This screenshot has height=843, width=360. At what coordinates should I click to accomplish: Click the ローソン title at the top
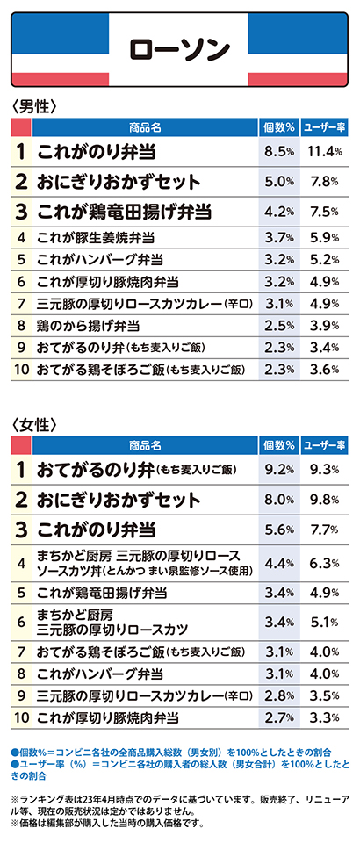[179, 49]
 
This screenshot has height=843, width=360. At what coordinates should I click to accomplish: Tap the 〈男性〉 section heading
[34, 105]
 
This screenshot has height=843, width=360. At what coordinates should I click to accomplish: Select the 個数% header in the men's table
[279, 127]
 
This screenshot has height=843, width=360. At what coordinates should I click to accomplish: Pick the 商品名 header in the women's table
[145, 446]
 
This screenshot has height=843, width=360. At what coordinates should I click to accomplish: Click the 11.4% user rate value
[325, 152]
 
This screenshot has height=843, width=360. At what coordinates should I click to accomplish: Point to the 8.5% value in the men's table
[279, 152]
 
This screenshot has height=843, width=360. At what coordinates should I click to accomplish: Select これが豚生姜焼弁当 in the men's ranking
[97, 236]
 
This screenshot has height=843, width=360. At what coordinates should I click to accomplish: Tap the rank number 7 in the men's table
[21, 303]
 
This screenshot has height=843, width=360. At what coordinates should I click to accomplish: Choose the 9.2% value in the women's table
[279, 470]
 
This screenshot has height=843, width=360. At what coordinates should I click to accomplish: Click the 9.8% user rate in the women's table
[325, 500]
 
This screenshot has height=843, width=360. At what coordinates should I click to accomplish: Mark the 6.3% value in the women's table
[325, 563]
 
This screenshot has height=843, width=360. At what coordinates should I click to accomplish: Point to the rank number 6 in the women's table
[21, 622]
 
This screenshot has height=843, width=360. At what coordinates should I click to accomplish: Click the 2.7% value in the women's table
[279, 717]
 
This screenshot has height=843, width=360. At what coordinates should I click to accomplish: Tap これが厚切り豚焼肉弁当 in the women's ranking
[107, 717]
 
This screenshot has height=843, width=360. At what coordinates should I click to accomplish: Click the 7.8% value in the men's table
[325, 182]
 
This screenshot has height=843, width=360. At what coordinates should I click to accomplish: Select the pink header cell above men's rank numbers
[21, 127]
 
